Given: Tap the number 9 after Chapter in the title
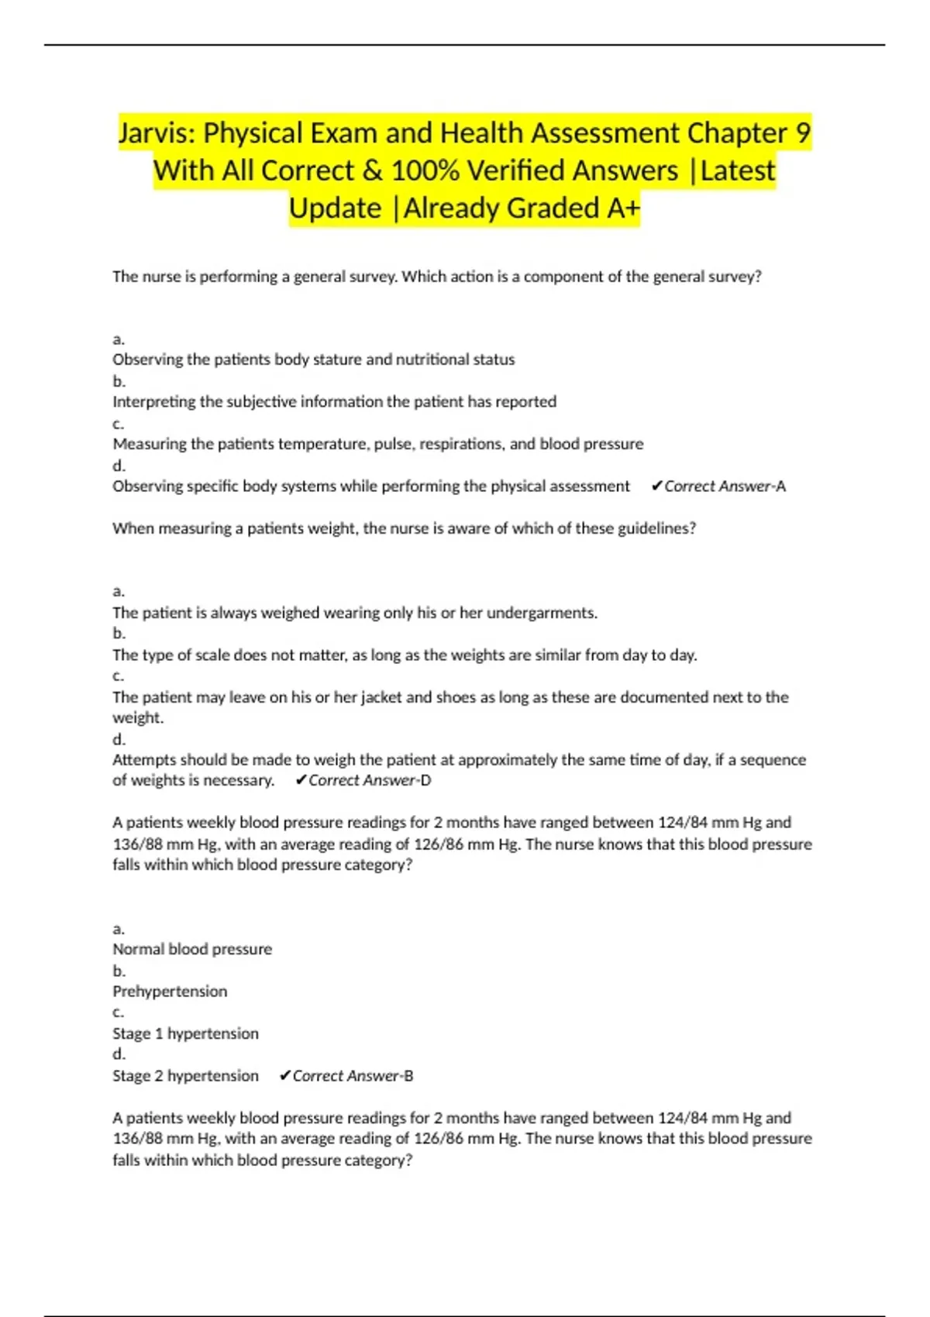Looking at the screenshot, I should pos(803,133).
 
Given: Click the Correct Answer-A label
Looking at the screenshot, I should pos(718,487).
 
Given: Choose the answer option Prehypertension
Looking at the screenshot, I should pos(170,992).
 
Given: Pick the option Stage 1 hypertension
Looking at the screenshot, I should pos(185,1033).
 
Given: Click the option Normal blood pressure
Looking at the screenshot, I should pos(192,949).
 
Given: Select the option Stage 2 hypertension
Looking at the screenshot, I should pos(185,1076).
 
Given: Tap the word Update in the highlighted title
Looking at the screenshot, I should pos(335,208).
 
